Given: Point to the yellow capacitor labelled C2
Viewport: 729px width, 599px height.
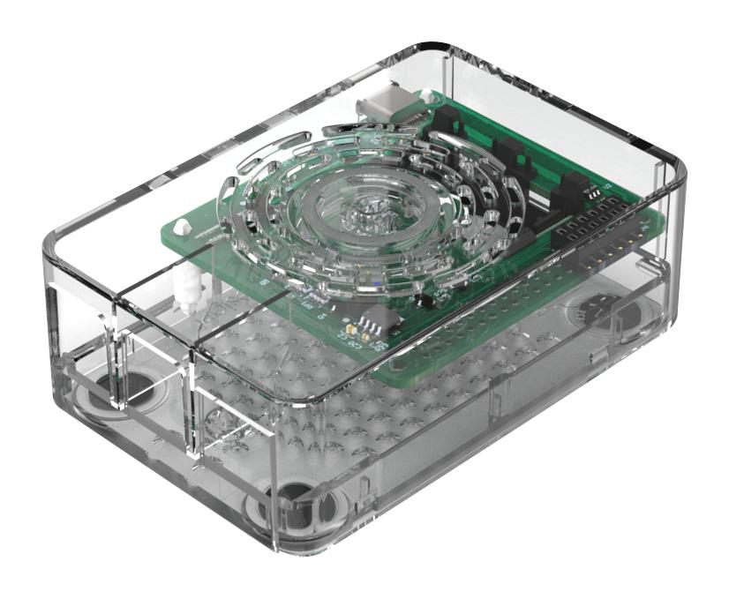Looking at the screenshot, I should pyautogui.click(x=350, y=327).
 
